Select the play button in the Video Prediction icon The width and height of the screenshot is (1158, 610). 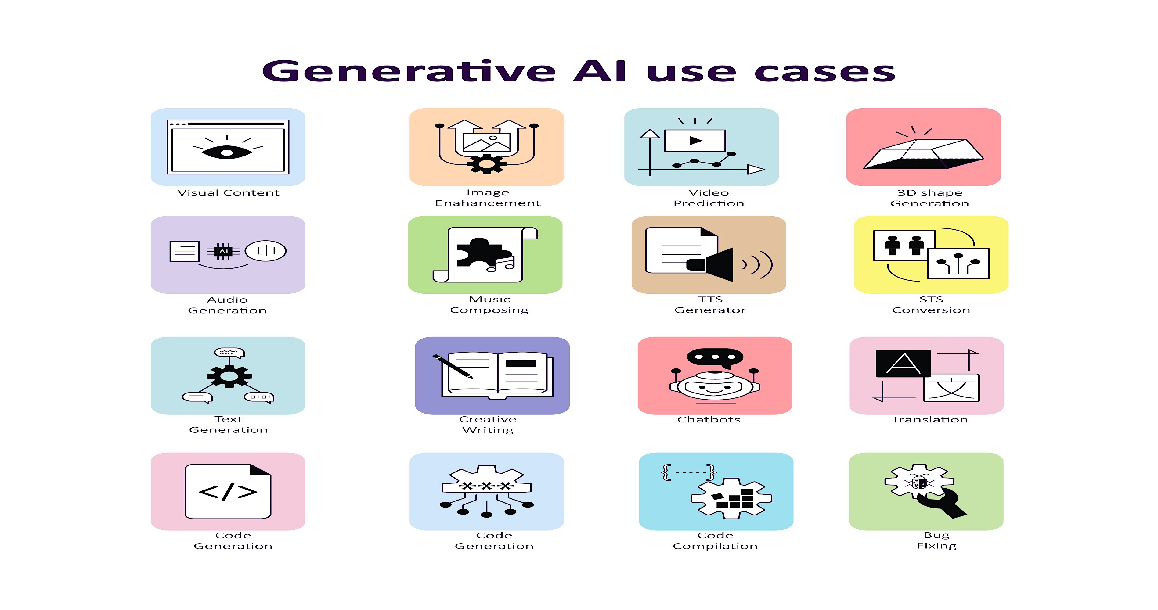point(695,141)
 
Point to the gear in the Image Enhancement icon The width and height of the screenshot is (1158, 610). point(486,164)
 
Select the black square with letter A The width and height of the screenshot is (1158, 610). point(903,363)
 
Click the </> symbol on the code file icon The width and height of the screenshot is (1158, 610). point(228,491)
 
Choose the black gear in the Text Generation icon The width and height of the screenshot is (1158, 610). point(229,376)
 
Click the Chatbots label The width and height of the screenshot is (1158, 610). point(709,420)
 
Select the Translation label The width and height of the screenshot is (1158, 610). point(930,420)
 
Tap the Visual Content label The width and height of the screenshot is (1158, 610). point(228,193)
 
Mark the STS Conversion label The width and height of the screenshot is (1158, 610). point(931,305)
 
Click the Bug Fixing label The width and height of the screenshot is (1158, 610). point(936,540)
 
